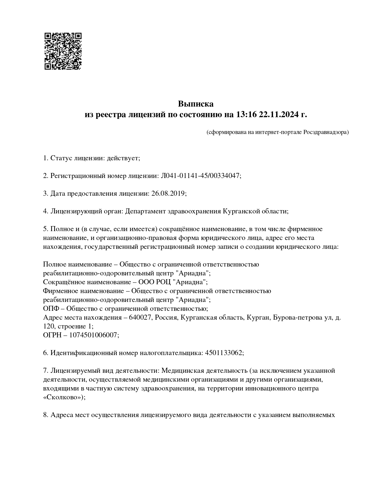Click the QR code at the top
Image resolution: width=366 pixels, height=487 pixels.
click(63, 51)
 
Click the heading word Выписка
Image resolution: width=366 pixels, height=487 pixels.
click(195, 104)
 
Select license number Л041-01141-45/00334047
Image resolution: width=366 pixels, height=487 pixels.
click(200, 176)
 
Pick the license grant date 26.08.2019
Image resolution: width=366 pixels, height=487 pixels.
click(168, 194)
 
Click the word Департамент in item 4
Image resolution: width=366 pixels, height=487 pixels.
click(145, 211)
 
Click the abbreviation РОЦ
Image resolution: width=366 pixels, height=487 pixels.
click(163, 282)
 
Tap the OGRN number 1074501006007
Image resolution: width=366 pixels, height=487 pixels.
click(93, 335)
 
